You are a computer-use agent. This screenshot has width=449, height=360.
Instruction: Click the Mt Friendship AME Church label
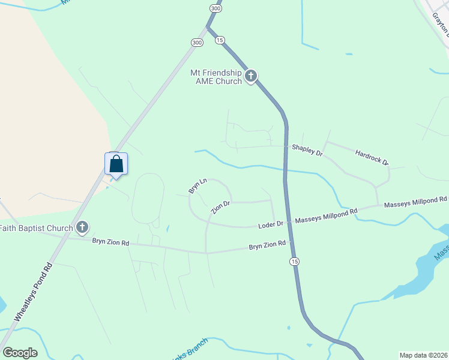(x=215, y=77)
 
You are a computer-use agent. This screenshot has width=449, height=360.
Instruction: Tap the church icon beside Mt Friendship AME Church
(x=251, y=76)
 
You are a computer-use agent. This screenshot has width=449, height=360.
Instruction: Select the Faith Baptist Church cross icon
(x=82, y=227)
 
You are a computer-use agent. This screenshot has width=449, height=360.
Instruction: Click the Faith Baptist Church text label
(x=36, y=228)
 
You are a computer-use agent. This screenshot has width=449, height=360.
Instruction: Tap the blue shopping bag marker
(x=116, y=164)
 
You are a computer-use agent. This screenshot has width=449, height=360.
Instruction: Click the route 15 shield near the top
(x=220, y=40)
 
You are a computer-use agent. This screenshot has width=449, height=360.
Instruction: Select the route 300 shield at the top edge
(x=215, y=8)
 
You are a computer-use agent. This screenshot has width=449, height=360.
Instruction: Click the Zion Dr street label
(x=220, y=208)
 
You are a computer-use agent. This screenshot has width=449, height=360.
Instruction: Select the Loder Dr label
(x=270, y=224)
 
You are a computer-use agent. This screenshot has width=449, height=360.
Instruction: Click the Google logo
(x=20, y=353)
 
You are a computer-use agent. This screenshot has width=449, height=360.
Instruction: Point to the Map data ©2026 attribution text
(x=423, y=355)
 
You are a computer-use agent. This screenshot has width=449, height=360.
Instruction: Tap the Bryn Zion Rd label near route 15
(x=268, y=246)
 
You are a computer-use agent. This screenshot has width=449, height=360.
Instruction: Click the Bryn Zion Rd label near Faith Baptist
(x=110, y=242)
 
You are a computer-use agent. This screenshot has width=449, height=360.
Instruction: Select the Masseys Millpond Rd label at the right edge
(x=415, y=202)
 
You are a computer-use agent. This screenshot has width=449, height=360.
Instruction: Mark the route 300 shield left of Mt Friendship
(x=197, y=42)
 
